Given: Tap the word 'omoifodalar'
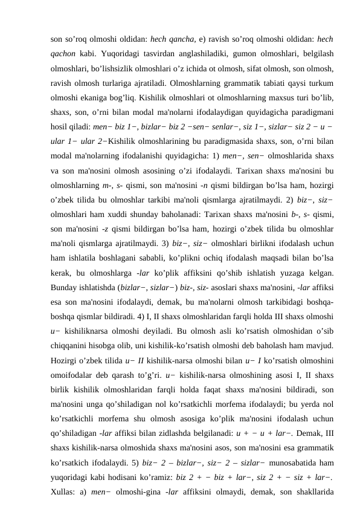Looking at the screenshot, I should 72,376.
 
